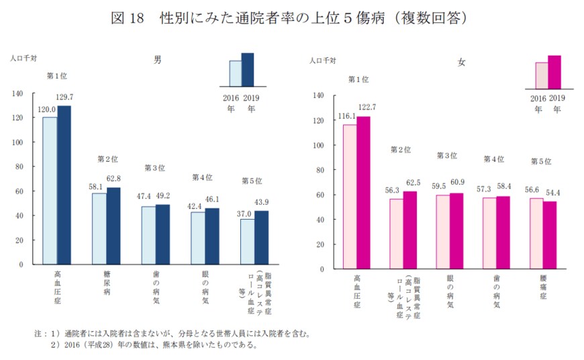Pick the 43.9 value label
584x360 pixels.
[260, 203]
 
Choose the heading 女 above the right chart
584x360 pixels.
[460, 62]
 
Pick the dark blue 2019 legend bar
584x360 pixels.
[248, 69]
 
